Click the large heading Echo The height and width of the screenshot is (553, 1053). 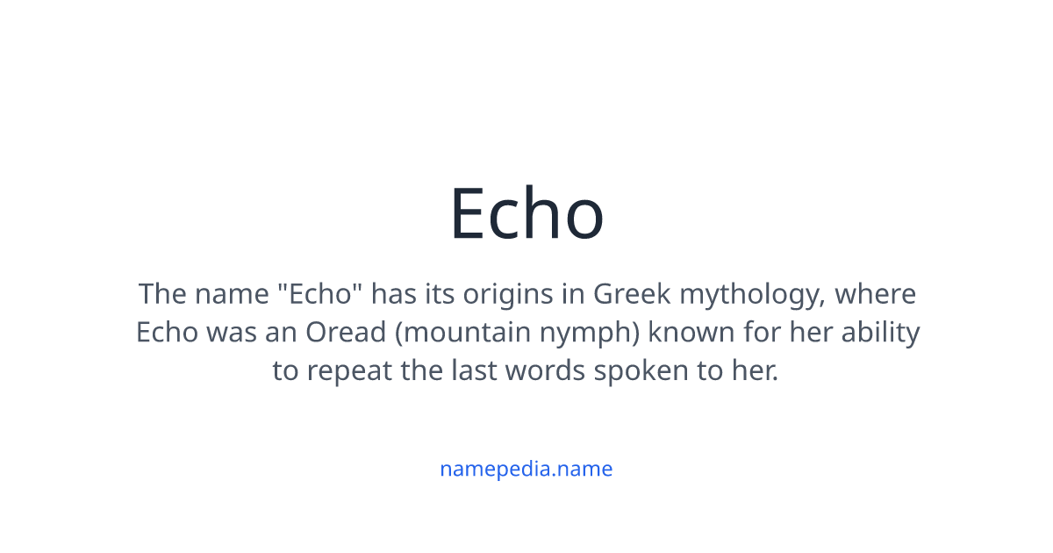pos(526,213)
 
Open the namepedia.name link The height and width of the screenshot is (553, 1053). pos(526,469)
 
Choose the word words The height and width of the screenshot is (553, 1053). pos(550,370)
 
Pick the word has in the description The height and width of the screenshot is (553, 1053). pos(393,293)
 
